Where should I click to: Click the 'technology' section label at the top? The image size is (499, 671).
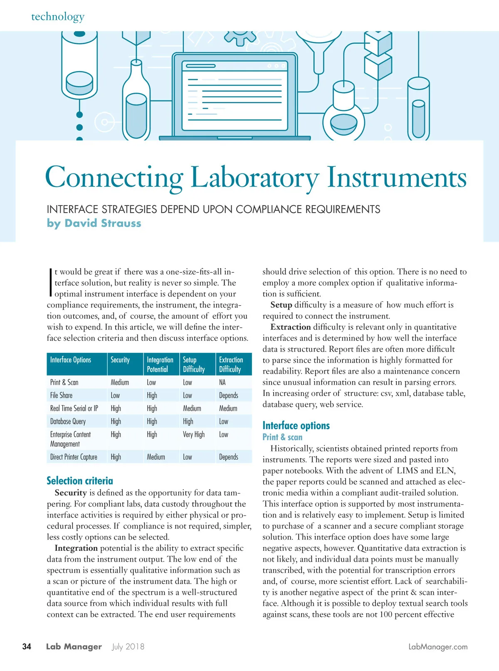[58, 17]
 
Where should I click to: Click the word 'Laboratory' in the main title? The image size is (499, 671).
[254, 178]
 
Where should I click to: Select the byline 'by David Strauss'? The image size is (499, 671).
[94, 223]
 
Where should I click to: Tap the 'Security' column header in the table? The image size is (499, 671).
[120, 360]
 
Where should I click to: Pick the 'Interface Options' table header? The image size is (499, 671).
[71, 360]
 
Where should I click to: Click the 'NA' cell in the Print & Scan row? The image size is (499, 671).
[222, 382]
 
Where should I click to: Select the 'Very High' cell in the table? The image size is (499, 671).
[194, 434]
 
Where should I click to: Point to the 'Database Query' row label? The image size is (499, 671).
[68, 421]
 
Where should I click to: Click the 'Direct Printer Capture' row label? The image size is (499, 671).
[74, 457]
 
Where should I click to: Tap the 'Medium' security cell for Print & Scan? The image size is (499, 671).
[120, 382]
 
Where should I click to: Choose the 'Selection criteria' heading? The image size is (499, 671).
[80, 481]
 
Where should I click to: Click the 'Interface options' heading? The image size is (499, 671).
[296, 426]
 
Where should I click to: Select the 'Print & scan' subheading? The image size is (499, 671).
[282, 437]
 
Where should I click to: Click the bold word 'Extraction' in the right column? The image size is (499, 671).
[290, 327]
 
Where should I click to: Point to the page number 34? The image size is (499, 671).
[27, 646]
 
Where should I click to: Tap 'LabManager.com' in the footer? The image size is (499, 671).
[438, 647]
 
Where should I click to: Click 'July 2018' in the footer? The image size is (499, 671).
[128, 647]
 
